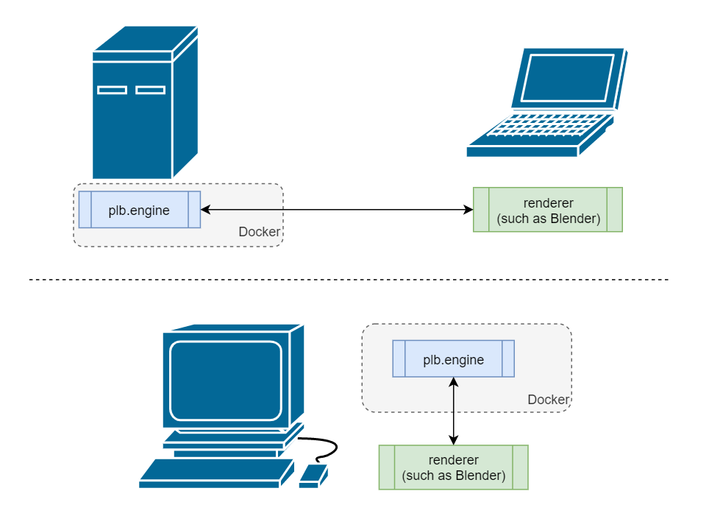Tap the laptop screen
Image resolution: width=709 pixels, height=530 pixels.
tap(566, 77)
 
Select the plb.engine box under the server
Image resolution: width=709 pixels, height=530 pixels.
tap(140, 210)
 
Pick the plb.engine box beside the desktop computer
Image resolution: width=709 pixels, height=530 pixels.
tap(453, 359)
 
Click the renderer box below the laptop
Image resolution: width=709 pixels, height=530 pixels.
tap(548, 210)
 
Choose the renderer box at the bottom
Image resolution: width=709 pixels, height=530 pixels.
tap(454, 467)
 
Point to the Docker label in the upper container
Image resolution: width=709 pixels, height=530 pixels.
tap(259, 232)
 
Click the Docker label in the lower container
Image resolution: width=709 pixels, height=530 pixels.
tap(548, 400)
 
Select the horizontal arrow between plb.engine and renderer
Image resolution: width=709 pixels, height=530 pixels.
tap(337, 210)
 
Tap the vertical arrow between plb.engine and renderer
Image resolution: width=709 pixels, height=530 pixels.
tap(454, 411)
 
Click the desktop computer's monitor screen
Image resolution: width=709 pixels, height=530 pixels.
tap(226, 379)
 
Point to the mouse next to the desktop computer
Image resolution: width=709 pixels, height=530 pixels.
tap(313, 476)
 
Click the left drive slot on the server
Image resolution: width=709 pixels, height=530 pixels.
tap(112, 90)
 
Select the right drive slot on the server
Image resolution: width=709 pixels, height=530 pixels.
tap(150, 90)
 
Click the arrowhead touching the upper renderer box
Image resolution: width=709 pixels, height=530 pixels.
tap(468, 210)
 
